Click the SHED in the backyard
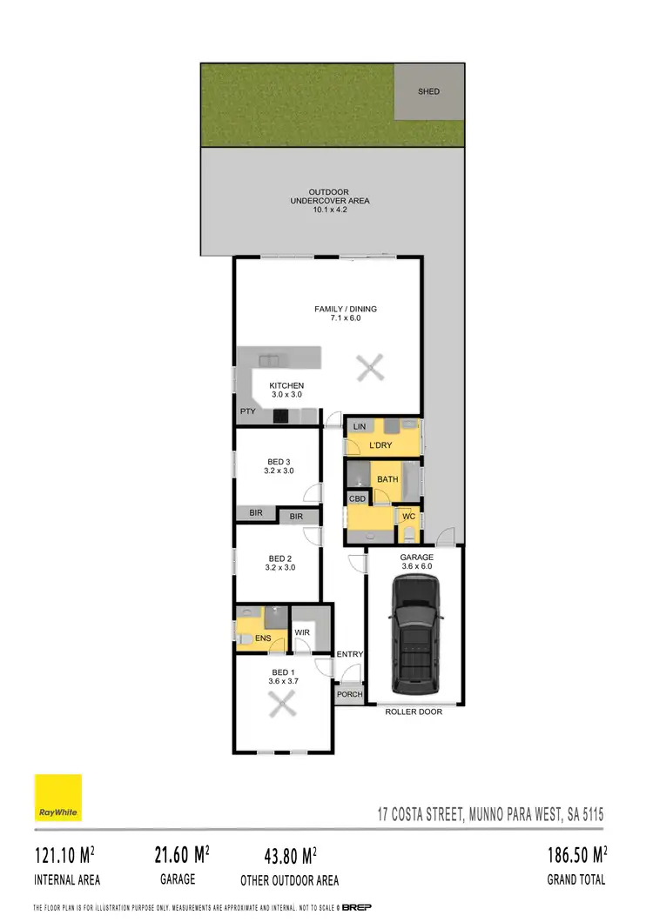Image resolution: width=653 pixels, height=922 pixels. coord(429,90)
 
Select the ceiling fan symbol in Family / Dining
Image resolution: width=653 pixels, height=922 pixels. coord(371,369)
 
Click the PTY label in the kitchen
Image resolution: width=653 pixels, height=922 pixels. coord(247,412)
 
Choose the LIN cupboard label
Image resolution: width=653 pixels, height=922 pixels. coord(358,426)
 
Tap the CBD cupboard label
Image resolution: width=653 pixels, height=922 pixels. coord(357,498)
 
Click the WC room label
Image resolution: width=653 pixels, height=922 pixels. coord(408,518)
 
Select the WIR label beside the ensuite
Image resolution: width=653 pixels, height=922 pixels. coord(303,632)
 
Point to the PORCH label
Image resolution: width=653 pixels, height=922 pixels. coord(350,694)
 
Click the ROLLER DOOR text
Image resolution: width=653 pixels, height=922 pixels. coord(414,712)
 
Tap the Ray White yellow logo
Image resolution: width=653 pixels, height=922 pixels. coord(58,798)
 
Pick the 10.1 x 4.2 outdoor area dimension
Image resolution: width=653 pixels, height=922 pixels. coord(329,210)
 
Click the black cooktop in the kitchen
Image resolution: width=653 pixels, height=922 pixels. coord(281,416)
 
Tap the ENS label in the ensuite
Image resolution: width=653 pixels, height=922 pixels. coord(263,638)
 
